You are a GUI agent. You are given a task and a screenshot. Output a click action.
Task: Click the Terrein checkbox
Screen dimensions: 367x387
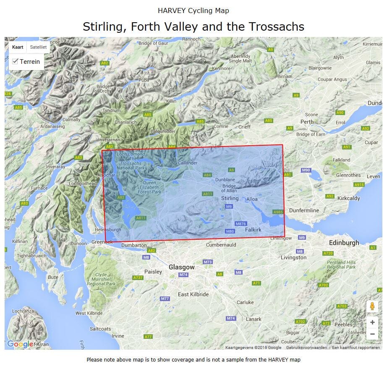(16, 61)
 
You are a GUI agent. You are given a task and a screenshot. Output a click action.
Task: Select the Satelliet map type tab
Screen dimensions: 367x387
(38, 47)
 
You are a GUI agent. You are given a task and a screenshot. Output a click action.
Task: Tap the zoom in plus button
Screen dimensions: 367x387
(372, 322)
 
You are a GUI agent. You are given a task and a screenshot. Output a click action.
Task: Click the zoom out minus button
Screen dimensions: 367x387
(372, 334)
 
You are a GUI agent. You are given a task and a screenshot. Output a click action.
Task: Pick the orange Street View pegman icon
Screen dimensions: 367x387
(372, 306)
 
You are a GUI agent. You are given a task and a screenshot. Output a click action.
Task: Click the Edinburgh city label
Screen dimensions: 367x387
(344, 243)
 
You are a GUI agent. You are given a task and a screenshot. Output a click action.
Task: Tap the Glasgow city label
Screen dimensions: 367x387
(181, 267)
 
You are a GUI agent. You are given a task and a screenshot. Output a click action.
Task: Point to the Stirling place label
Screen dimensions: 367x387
(230, 198)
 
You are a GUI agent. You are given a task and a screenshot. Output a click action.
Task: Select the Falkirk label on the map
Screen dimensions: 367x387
(253, 230)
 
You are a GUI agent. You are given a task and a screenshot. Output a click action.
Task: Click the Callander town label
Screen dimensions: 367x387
(187, 163)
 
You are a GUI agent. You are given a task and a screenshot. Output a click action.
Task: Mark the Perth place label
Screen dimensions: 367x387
(307, 122)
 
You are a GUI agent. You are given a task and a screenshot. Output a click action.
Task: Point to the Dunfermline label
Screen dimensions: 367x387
(304, 210)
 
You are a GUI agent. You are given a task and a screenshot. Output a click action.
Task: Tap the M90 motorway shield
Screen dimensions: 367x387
(306, 170)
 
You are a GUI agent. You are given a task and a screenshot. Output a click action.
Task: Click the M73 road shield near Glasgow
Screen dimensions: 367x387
(208, 262)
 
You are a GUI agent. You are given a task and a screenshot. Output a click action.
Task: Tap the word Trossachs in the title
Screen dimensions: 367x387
(276, 26)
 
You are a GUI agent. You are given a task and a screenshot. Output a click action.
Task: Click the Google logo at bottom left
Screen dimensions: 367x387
(20, 344)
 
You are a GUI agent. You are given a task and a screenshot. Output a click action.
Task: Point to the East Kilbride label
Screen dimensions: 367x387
(193, 294)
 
